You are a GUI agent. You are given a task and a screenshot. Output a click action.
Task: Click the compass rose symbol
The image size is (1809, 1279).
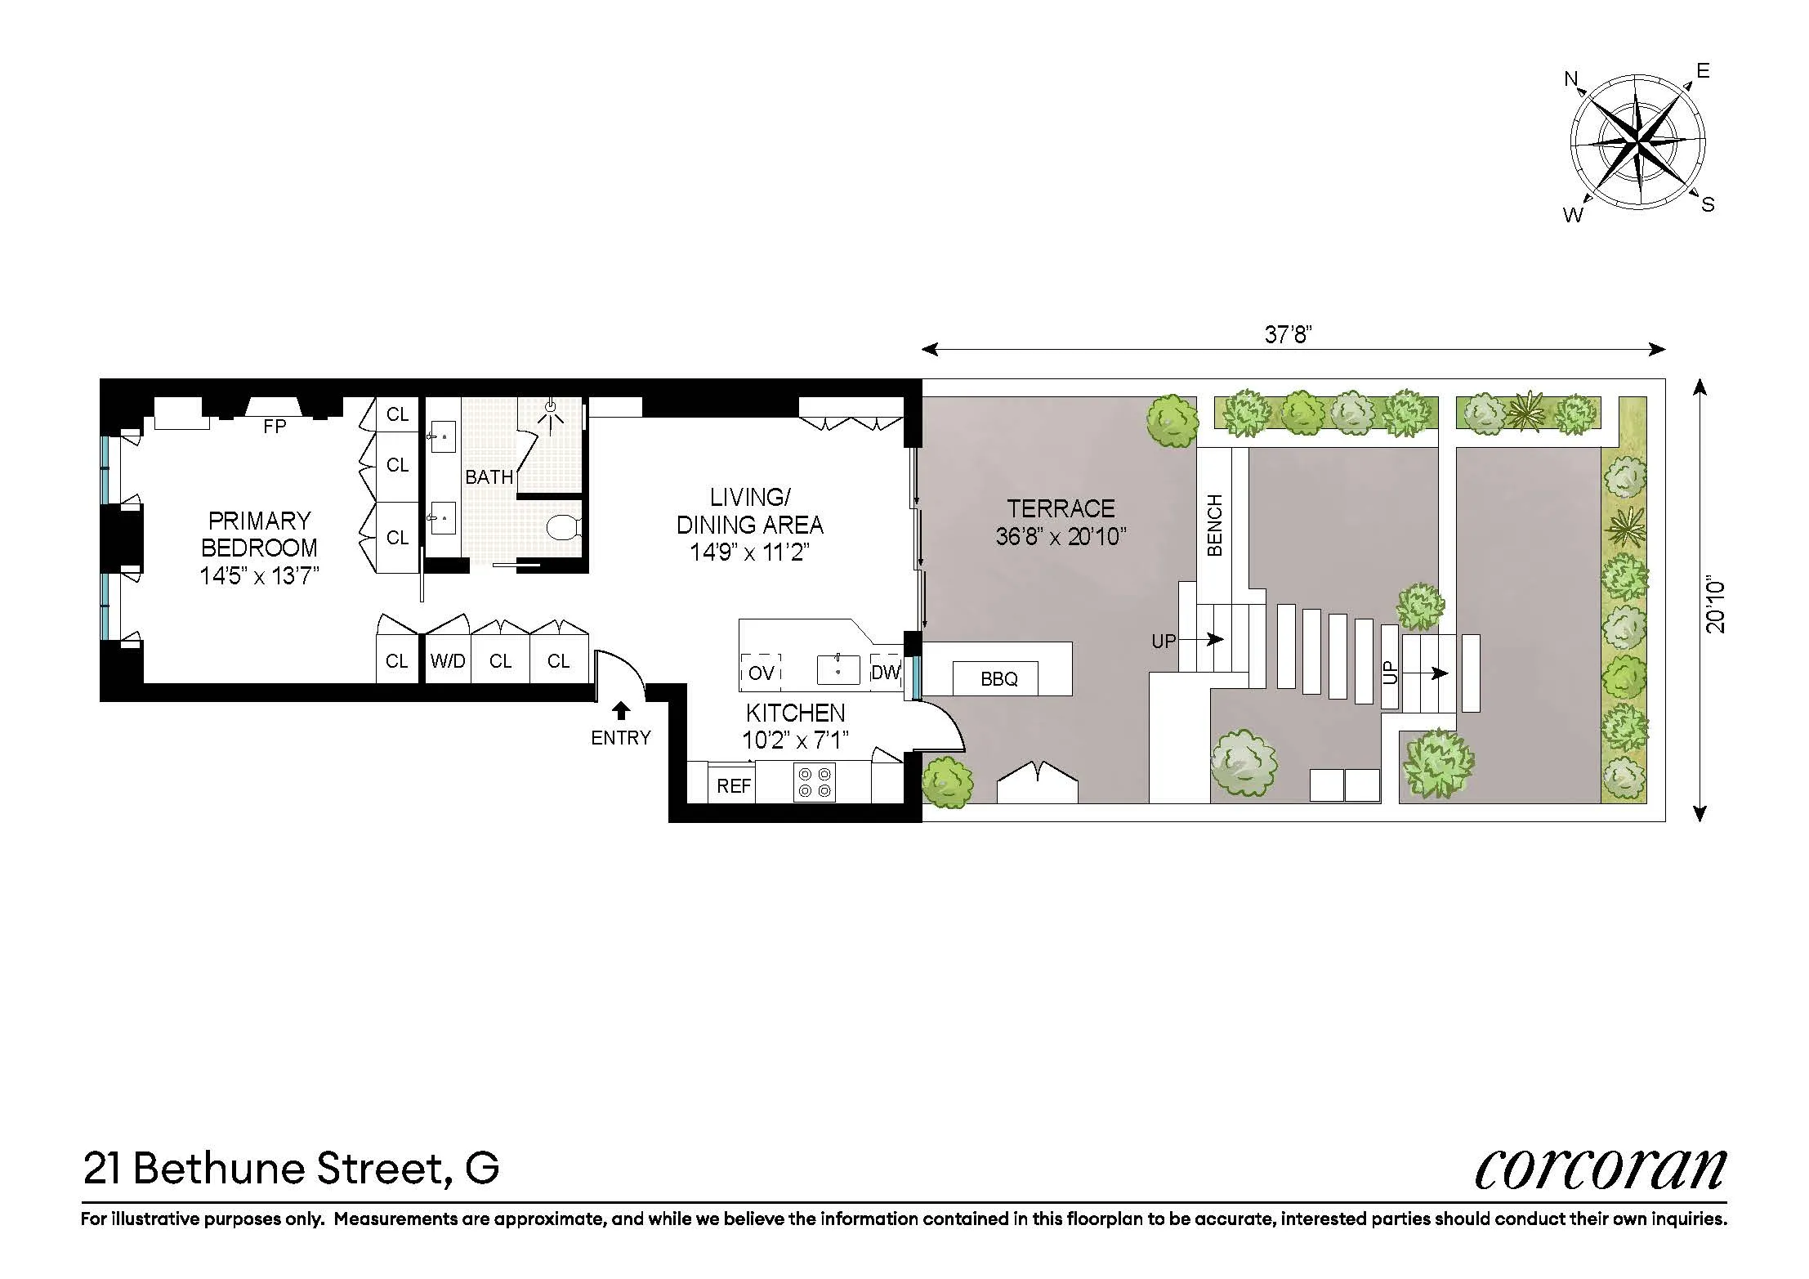coord(1637,146)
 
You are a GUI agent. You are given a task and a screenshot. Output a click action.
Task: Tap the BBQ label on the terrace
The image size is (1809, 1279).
coord(998,679)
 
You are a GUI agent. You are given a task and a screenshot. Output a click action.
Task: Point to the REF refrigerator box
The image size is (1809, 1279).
coord(733,785)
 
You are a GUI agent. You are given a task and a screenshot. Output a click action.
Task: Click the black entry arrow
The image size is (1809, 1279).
coord(621,710)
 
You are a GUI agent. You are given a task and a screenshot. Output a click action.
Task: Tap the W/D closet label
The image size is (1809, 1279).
coord(448,661)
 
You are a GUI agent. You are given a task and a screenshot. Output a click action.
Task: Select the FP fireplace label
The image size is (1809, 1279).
coord(275,427)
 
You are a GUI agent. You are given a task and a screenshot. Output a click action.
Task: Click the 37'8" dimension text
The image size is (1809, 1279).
coord(1288,334)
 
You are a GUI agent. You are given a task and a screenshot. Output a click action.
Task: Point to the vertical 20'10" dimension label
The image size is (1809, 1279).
coord(1715,606)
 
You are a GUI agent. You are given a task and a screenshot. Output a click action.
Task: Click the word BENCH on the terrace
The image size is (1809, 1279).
coord(1215,525)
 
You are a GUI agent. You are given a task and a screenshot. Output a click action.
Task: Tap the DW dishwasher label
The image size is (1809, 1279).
coord(886,672)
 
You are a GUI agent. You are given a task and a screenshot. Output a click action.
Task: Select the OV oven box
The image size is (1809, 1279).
coord(761,673)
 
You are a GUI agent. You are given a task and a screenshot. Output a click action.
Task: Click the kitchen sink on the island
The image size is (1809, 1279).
coord(838,669)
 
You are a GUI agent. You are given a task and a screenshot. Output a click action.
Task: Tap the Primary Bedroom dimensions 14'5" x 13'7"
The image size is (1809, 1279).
coord(259,576)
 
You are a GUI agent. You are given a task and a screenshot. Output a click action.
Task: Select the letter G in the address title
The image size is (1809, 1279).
coord(481,1169)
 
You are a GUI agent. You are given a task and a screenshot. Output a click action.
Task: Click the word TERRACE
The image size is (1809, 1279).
coord(1061,509)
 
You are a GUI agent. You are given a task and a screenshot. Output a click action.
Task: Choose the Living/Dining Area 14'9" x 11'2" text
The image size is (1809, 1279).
coord(749,552)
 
